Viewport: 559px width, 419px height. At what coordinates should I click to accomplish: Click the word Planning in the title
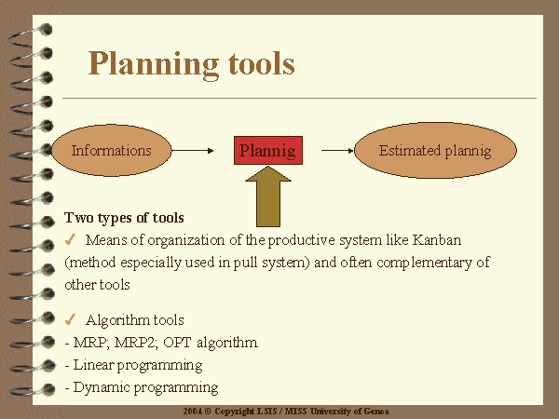(x=154, y=64)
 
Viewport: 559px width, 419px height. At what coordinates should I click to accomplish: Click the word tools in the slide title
(x=262, y=63)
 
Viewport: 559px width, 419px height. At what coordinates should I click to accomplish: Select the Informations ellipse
(x=112, y=150)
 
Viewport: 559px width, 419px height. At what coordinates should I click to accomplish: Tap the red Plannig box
(x=268, y=150)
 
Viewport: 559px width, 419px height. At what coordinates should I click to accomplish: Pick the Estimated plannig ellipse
(x=435, y=150)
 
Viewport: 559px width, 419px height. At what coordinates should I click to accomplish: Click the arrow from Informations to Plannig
(x=193, y=151)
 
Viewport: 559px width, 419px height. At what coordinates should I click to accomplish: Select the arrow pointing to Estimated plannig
(x=337, y=151)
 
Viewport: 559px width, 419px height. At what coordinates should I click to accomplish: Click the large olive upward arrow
(x=268, y=196)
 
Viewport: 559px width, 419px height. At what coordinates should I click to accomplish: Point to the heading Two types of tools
(x=124, y=218)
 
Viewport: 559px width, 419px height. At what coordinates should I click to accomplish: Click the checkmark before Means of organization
(x=70, y=240)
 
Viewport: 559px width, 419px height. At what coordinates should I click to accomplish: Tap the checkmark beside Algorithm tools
(x=70, y=319)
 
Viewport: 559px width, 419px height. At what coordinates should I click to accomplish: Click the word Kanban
(x=437, y=240)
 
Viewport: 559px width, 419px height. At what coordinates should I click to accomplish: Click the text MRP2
(x=136, y=343)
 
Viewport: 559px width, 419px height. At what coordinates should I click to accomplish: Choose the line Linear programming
(x=133, y=365)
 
